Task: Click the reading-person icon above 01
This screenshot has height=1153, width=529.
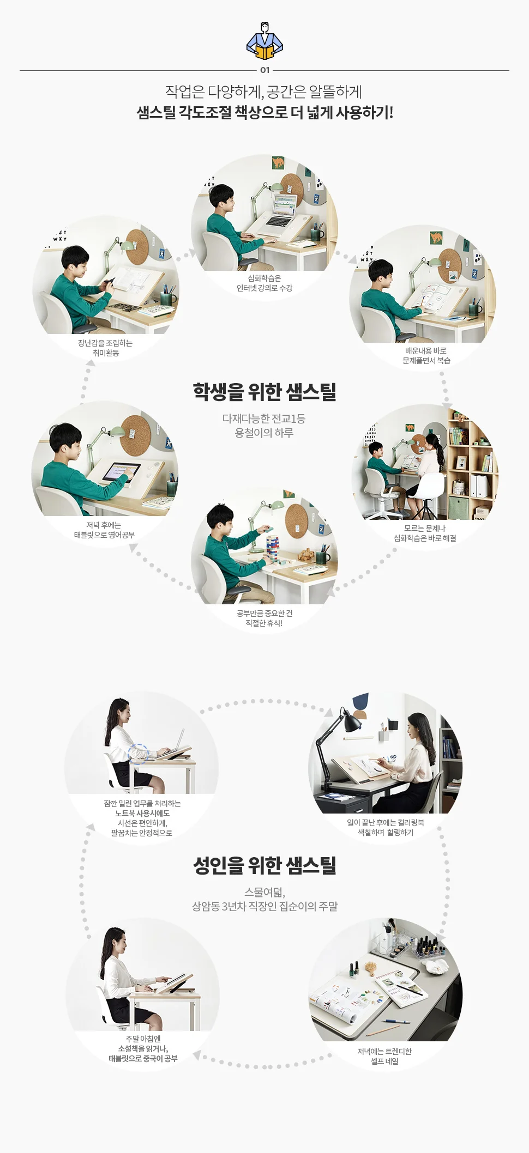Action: coord(264,41)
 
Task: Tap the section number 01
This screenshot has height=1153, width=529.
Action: coord(264,70)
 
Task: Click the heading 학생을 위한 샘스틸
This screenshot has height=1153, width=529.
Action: coord(264,392)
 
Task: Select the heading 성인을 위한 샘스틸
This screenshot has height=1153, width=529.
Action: coord(264,865)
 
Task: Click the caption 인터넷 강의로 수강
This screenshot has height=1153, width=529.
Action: coord(264,288)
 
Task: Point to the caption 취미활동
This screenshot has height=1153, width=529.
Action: coord(106,353)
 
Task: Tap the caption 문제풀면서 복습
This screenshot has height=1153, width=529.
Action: coord(426,360)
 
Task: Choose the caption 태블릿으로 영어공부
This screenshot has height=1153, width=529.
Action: coord(105,535)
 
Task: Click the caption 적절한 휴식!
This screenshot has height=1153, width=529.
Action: coord(264,623)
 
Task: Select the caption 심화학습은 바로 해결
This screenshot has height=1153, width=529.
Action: coord(425,538)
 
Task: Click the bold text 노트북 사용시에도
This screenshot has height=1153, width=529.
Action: coord(142,813)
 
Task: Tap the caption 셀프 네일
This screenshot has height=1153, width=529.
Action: coord(384,1061)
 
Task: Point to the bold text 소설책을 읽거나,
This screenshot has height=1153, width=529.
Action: coord(143,1048)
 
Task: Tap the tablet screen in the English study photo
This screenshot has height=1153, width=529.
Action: coord(121,471)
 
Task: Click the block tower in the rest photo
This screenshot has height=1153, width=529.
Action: coord(273,550)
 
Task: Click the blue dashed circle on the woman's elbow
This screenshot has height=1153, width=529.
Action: coord(139,753)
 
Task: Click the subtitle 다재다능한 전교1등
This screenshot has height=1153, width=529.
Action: coord(264,418)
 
